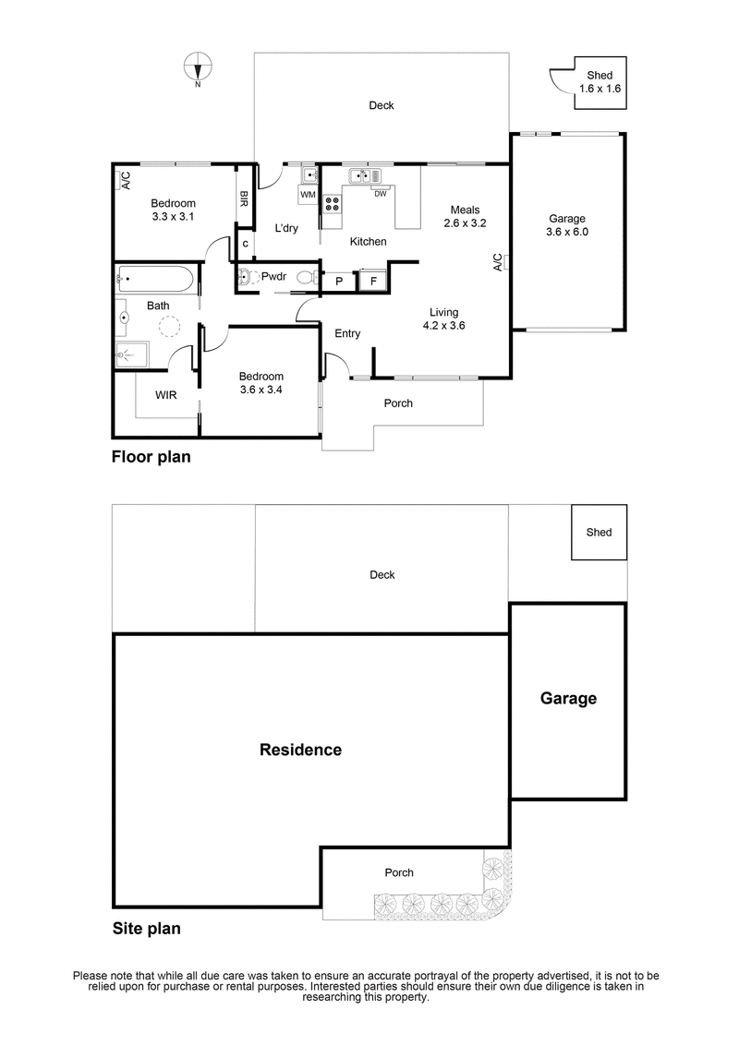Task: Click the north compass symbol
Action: [198, 66]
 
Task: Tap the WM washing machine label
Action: [308, 195]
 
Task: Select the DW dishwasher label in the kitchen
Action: [380, 193]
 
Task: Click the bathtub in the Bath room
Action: [155, 278]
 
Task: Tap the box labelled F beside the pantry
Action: [373, 281]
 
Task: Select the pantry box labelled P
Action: [338, 281]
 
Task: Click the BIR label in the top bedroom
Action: [244, 198]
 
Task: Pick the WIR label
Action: [166, 395]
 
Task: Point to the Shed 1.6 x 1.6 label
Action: [600, 82]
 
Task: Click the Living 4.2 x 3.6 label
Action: [443, 318]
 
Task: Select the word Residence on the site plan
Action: [300, 750]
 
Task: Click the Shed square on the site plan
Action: [599, 532]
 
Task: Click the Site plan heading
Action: [146, 929]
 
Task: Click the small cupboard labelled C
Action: [245, 244]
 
